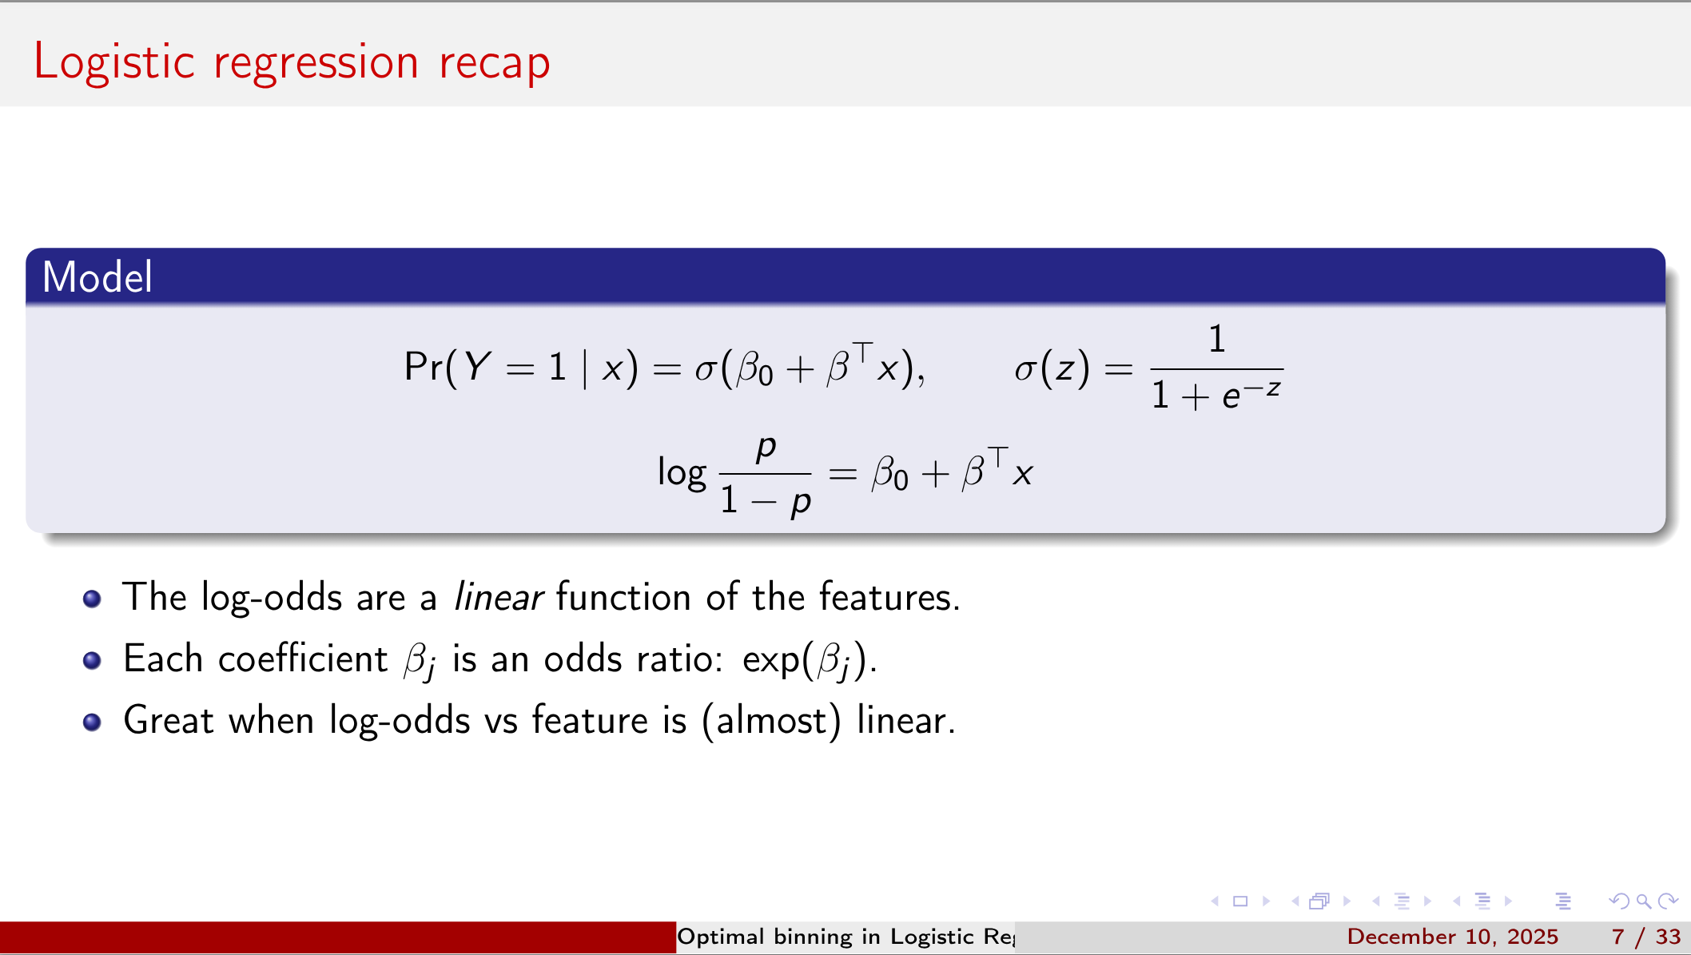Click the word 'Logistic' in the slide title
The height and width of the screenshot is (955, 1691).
coord(113,62)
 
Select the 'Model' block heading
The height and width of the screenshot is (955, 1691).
coord(97,277)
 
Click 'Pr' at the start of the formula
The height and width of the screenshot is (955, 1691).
coord(423,368)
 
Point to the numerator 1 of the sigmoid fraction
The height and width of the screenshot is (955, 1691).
coord(1216,339)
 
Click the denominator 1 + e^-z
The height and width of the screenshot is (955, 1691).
coord(1216,395)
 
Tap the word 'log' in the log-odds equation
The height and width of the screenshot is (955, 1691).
coord(681,473)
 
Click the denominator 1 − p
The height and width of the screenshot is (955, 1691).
coord(765,501)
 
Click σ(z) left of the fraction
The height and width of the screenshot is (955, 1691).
coord(1051,369)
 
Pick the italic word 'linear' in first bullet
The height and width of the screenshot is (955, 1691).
coord(498,598)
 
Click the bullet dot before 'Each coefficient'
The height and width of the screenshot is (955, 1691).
coord(92,660)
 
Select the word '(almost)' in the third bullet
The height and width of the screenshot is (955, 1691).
coord(770,721)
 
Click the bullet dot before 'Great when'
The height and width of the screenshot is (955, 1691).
coord(92,722)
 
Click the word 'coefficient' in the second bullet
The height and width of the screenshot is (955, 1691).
coord(302,659)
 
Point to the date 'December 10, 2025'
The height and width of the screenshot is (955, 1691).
coord(1452,937)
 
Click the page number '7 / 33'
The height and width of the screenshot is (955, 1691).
coord(1645,937)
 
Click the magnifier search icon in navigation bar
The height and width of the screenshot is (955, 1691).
coord(1643,901)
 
